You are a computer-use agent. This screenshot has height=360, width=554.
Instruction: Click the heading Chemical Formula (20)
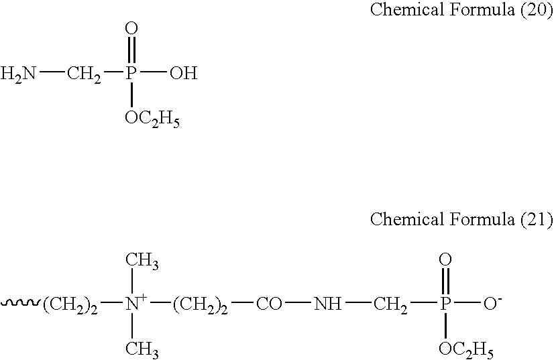461,9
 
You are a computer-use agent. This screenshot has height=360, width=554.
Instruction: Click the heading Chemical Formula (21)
461,219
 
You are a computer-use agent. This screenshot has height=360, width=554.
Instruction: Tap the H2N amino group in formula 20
18,74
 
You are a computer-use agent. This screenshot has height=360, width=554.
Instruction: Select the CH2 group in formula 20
84,74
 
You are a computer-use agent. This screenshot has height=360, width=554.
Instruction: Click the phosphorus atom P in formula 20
131,73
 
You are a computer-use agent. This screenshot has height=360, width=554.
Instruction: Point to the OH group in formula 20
183,73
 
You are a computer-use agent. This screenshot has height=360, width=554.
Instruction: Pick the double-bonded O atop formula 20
131,28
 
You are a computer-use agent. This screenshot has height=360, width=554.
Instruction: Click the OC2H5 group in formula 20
152,119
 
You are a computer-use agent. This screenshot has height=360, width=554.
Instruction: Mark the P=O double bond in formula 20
131,50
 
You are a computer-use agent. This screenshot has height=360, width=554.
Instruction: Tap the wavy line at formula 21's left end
21,303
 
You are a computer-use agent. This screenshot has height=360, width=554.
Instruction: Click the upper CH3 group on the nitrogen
142,261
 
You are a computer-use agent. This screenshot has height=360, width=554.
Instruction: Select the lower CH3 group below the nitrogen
142,349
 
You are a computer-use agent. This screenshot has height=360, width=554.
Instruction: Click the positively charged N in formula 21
135,303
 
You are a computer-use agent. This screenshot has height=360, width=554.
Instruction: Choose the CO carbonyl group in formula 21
269,304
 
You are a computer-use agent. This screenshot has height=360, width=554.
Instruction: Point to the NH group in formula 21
328,304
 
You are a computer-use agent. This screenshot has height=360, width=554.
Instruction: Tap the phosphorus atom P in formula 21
445,304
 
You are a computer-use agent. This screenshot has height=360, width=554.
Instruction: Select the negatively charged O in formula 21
492,303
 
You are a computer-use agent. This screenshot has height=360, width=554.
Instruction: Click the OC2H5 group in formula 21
466,350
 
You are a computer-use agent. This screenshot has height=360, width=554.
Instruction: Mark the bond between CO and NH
298,303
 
